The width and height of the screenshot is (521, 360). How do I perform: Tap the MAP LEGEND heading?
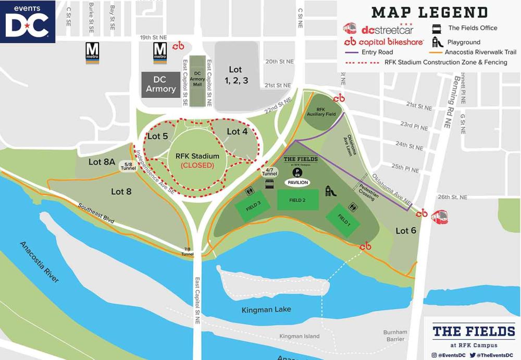429,13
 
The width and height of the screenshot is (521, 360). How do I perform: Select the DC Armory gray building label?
160,84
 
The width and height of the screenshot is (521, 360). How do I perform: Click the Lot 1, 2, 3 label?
235,75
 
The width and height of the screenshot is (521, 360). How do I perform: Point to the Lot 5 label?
157,136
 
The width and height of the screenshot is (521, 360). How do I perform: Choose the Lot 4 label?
237,132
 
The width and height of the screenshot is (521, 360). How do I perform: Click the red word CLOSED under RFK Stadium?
197,165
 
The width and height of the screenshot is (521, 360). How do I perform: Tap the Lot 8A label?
102,162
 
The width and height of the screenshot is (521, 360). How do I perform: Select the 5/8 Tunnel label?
128,166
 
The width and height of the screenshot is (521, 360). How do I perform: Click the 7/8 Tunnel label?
188,252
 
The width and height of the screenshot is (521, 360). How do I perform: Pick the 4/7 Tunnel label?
269,171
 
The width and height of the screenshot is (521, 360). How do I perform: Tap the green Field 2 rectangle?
297,200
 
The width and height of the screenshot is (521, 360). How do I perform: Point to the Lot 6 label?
406,230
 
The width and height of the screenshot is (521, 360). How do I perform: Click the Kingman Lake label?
266,309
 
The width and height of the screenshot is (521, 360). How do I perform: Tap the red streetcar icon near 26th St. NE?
439,216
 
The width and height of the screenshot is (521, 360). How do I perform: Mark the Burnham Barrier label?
395,336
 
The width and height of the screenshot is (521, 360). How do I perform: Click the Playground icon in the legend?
437,42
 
